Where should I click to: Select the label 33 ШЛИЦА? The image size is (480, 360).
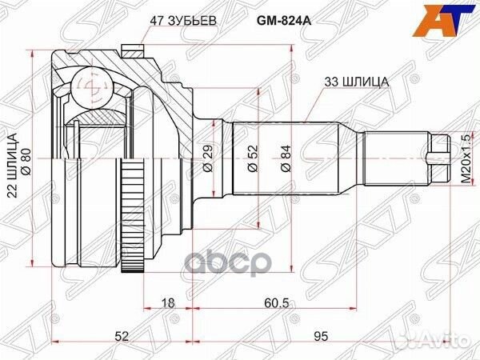point(358,81)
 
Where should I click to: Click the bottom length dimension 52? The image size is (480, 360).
point(122,337)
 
